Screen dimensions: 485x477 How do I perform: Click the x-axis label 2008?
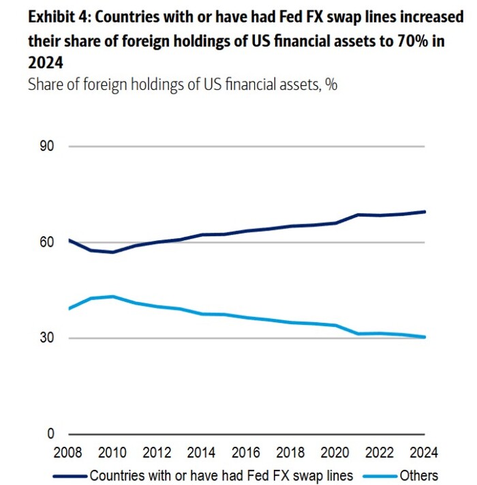69,452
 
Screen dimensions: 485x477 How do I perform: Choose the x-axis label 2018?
291,452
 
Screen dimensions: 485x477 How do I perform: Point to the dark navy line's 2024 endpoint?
425,211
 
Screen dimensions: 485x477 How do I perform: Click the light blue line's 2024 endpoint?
425,337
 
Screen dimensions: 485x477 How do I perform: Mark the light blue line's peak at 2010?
113,297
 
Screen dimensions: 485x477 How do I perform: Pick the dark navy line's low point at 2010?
113,252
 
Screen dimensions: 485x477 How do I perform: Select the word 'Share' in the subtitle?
45,85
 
